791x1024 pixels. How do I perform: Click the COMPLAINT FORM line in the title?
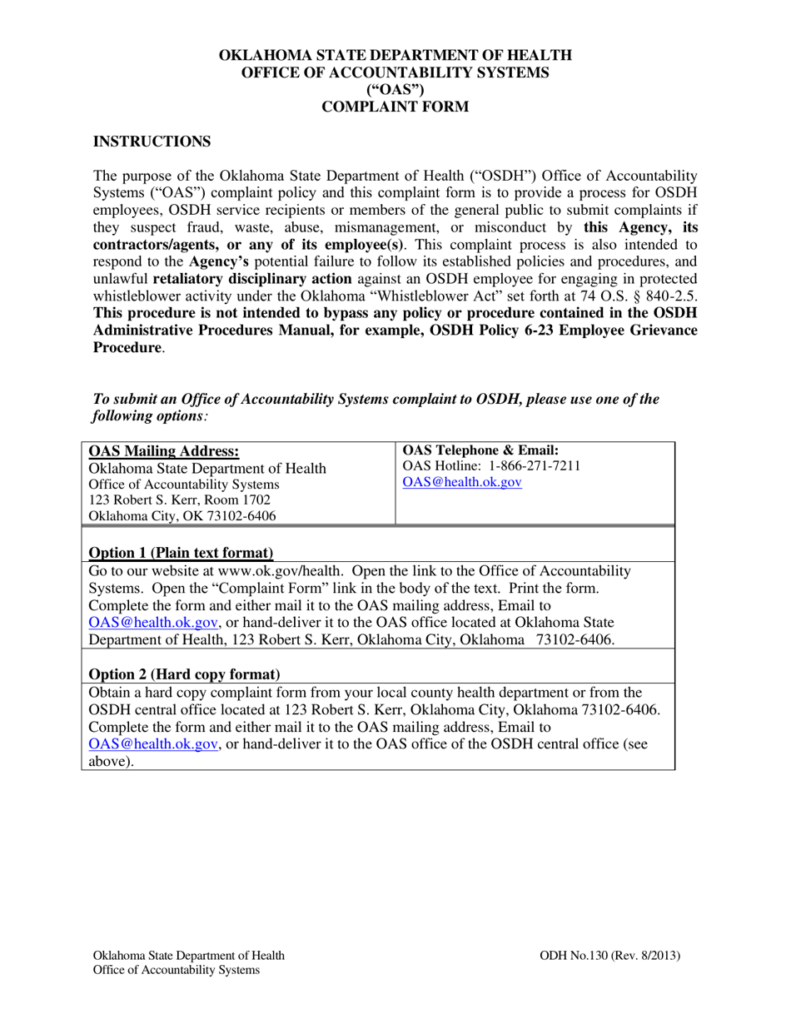pyautogui.click(x=395, y=107)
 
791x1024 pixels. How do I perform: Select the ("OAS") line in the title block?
pyautogui.click(x=395, y=90)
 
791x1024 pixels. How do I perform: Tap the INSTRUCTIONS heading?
pyautogui.click(x=151, y=142)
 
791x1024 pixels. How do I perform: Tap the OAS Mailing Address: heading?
pyautogui.click(x=164, y=451)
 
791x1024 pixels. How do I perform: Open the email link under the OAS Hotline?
pyautogui.click(x=462, y=483)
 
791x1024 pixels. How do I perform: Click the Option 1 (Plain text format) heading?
pyautogui.click(x=181, y=553)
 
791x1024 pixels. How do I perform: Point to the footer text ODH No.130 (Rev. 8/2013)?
pyautogui.click(x=610, y=956)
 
